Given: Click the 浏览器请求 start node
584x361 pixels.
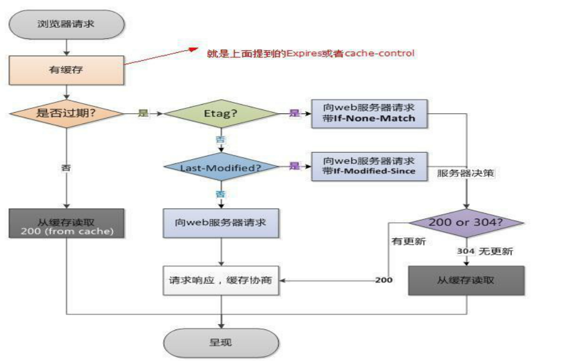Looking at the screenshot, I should point(67,24).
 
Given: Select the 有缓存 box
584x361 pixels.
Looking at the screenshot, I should point(67,69).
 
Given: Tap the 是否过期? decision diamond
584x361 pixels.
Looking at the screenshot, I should point(66,113).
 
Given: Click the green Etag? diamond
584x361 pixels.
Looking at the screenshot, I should point(221,114).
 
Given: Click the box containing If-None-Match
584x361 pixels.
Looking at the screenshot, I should point(369,113).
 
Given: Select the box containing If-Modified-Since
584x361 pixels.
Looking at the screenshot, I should point(369,166).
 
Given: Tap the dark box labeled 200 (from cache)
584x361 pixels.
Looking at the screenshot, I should point(67,223).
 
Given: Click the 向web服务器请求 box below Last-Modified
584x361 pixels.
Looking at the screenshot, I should point(221,223).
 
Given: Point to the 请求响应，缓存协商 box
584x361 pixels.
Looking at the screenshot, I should point(221,280).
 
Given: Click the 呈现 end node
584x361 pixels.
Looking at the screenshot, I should point(221,342).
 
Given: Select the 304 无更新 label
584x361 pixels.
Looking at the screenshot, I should point(485,251).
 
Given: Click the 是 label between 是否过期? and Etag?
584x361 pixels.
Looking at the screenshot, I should point(143,113).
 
